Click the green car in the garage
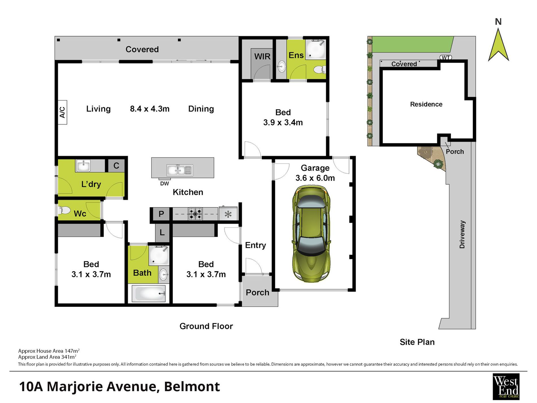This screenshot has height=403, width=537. coord(311,234)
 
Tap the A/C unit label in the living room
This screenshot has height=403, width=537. coord(62,112)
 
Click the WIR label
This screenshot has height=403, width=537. coord(262,57)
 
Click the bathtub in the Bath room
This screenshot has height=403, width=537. coord(148,294)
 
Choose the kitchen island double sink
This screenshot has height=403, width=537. coord(179,170)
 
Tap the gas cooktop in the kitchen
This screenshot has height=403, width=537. coord(195,214)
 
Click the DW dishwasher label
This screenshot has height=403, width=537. coord(164,184)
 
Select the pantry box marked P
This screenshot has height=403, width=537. coord(161,214)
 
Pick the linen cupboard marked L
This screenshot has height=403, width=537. coord(162,232)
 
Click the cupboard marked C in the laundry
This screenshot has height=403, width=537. coord(116,165)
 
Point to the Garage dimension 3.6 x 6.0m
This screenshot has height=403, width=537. coord(315,178)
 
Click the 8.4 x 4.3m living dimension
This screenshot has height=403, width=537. coord(150,109)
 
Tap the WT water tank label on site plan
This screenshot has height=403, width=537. coord(446,58)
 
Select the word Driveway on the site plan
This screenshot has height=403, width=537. coord(462,234)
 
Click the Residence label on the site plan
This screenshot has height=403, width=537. coord(426,104)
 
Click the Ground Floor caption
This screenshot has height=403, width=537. coord(206,326)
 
